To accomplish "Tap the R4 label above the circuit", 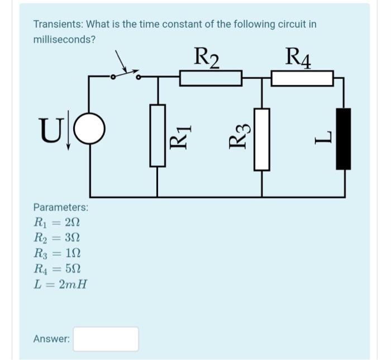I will pyautogui.click(x=298, y=58).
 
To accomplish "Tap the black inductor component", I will pyautogui.click(x=343, y=139).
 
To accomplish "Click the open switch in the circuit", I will pyautogui.click(x=125, y=74).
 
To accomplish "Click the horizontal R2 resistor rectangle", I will pyautogui.click(x=210, y=78).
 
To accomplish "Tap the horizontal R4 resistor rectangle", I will pyautogui.click(x=302, y=78).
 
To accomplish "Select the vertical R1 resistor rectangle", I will pyautogui.click(x=158, y=135).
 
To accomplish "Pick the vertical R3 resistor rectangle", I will pyautogui.click(x=262, y=139).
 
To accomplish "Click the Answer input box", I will pyautogui.click(x=106, y=339).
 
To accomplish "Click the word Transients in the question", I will pyautogui.click(x=55, y=25).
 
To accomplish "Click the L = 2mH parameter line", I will pyautogui.click(x=60, y=285).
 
